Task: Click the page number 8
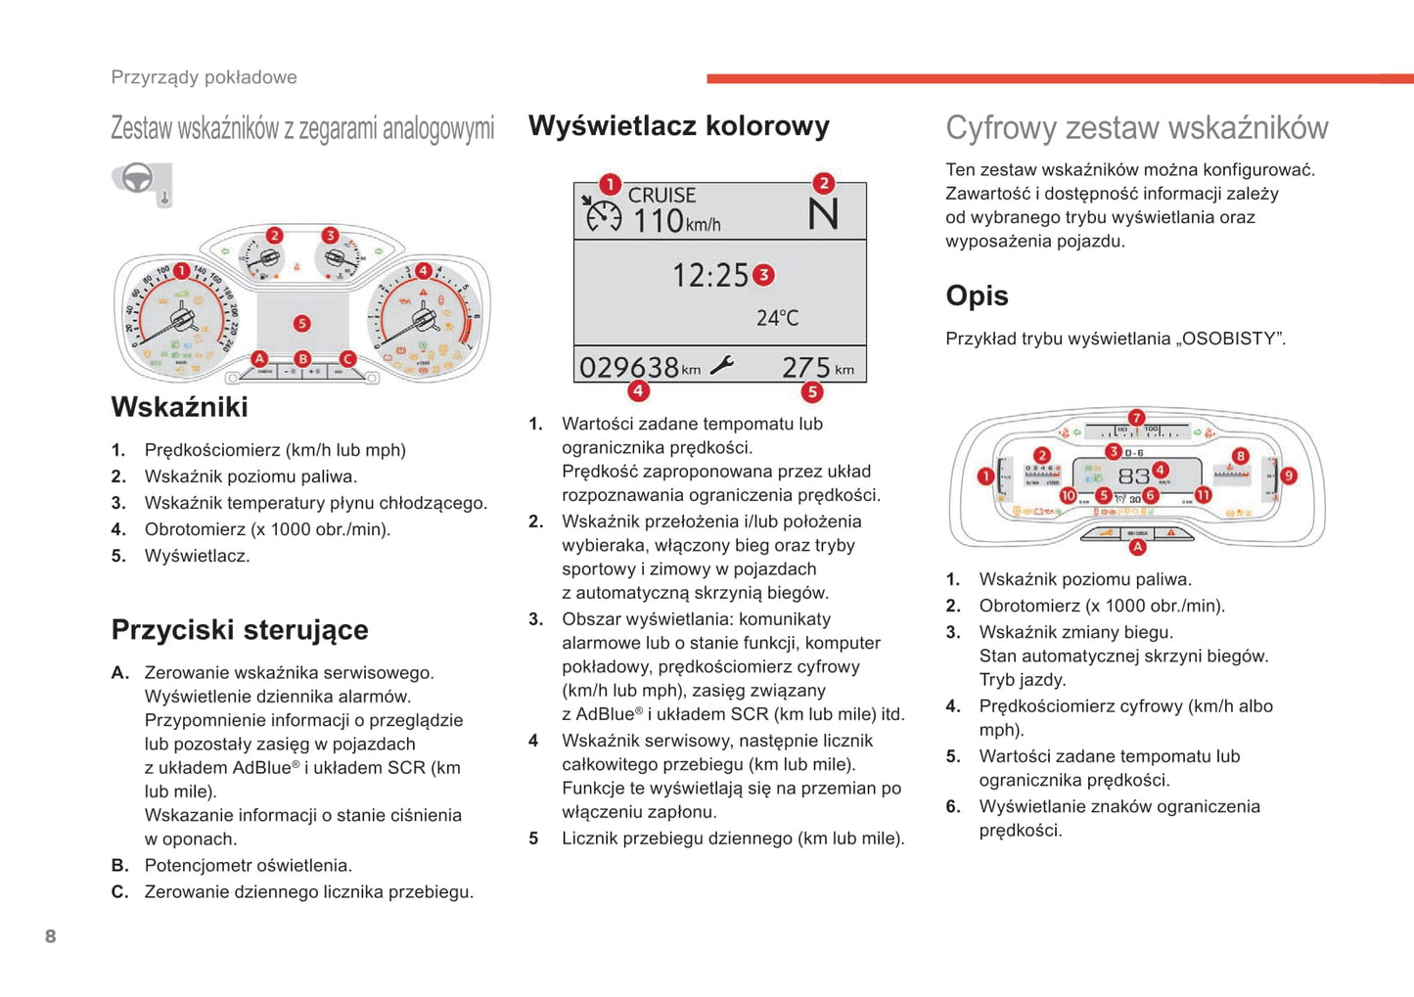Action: point(51,936)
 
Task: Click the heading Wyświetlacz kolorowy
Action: point(678,126)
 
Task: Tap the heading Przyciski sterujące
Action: point(240,630)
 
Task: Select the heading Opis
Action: point(977,295)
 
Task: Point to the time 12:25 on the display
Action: point(709,276)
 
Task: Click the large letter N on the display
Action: point(823,214)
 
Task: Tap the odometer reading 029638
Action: point(628,368)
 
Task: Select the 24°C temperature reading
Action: point(777,318)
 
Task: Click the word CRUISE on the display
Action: point(661,196)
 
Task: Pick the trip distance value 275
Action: point(805,368)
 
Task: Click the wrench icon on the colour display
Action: point(722,366)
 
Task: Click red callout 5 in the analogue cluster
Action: point(301,324)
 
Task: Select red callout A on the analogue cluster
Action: point(259,359)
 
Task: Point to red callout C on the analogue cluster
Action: point(346,359)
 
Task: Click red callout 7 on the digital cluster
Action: point(1136,418)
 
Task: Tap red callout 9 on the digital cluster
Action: point(1288,476)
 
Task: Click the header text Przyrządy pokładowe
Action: point(204,77)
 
